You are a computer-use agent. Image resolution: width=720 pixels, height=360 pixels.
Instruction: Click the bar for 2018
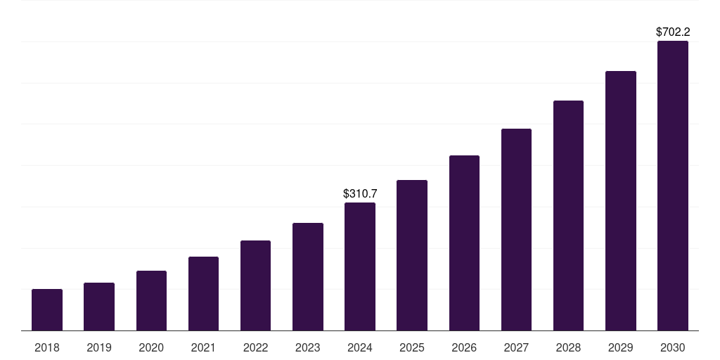47,309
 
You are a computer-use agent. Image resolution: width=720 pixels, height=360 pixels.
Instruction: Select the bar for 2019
99,307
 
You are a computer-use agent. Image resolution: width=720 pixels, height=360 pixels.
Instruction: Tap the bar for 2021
203,293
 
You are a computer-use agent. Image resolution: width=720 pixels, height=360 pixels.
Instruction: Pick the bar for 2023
308,276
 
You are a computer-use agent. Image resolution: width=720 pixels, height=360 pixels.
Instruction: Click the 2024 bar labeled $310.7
360,266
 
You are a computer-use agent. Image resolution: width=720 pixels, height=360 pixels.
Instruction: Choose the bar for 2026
464,243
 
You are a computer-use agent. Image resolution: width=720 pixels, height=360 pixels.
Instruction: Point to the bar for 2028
568,215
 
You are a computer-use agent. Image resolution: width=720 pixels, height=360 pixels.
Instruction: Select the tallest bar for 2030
672,186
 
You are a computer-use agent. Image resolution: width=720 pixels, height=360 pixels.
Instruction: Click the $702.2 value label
673,32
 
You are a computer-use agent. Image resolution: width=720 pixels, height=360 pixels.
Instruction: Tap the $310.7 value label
360,193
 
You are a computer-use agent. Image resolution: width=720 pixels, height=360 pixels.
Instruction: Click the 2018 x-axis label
47,347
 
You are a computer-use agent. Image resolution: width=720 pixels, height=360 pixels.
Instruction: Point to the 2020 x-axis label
151,347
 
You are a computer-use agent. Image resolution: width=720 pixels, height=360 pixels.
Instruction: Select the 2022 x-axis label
255,347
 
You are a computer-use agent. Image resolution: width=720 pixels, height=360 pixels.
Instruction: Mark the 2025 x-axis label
412,347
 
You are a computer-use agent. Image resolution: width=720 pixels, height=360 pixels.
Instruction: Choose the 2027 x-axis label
516,347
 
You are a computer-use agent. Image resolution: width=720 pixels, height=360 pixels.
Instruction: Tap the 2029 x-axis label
620,347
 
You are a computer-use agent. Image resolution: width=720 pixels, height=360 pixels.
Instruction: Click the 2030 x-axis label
672,347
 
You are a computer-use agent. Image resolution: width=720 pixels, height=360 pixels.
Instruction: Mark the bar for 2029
620,200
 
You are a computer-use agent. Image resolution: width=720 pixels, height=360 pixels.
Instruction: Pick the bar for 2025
412,255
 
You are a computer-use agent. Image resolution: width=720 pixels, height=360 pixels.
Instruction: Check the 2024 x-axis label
360,347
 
